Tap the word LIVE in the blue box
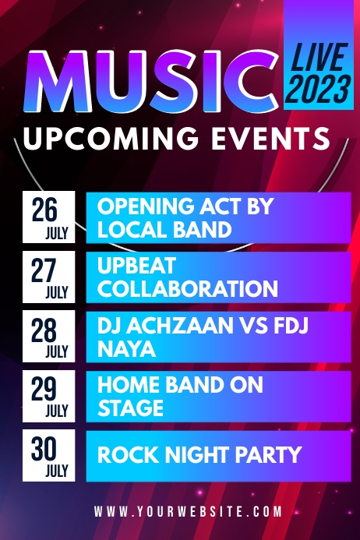[319, 58]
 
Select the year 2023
[319, 89]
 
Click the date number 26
[45, 209]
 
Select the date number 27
[45, 270]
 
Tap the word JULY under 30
[57, 471]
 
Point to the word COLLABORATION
[187, 289]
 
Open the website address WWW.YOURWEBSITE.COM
[188, 512]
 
